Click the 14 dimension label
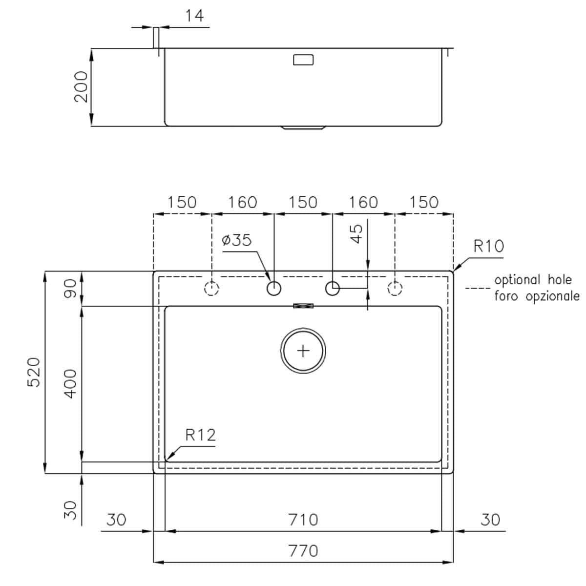pyautogui.click(x=194, y=16)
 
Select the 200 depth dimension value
pyautogui.click(x=81, y=86)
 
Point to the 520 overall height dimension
pyautogui.click(x=33, y=372)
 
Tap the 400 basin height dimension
pyautogui.click(x=71, y=383)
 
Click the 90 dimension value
pyautogui.click(x=71, y=288)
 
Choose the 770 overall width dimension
pyautogui.click(x=303, y=551)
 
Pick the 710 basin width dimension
pyautogui.click(x=303, y=520)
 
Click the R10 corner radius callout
pyautogui.click(x=488, y=246)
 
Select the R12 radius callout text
pyautogui.click(x=200, y=435)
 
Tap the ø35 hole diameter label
pyautogui.click(x=237, y=240)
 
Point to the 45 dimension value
pyautogui.click(x=357, y=233)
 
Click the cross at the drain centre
pyautogui.click(x=303, y=351)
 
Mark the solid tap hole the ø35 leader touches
pyautogui.click(x=274, y=289)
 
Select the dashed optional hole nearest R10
pyautogui.click(x=395, y=289)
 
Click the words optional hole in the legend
pyautogui.click(x=533, y=280)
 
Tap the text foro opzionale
pyautogui.click(x=537, y=296)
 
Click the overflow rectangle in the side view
pyautogui.click(x=303, y=60)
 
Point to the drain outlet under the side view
pyautogui.click(x=303, y=128)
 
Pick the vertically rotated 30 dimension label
pyautogui.click(x=71, y=509)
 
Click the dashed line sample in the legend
pyautogui.click(x=477, y=289)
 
